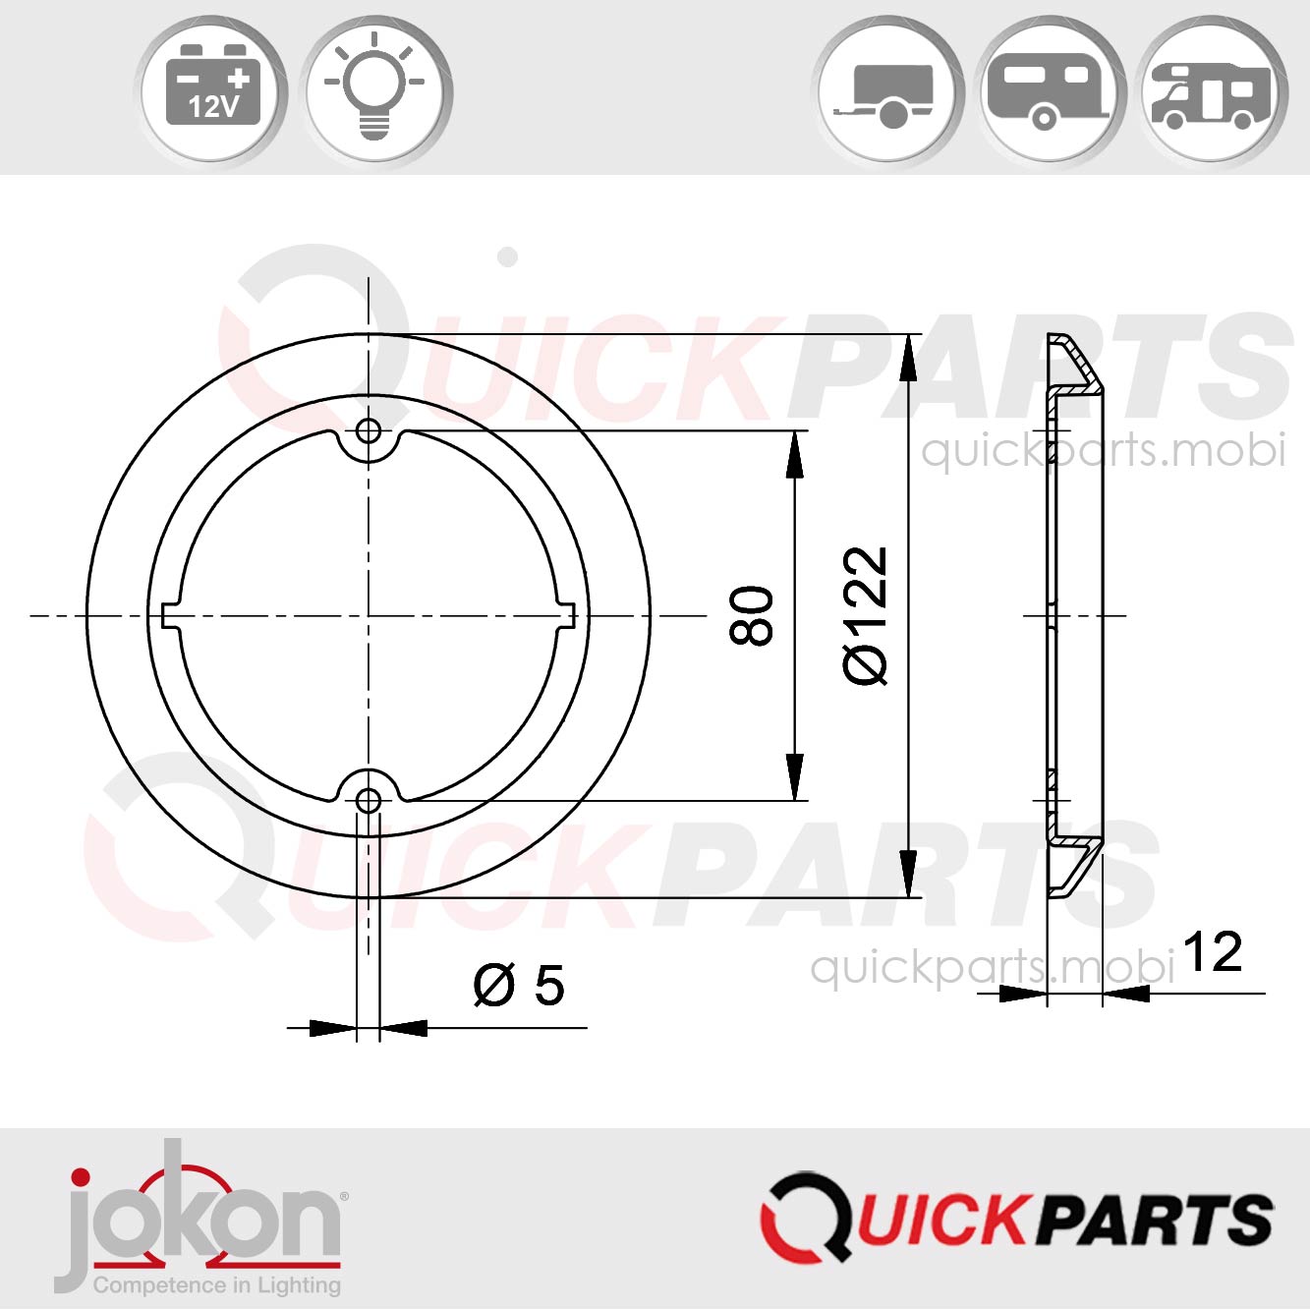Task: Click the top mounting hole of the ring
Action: click(369, 430)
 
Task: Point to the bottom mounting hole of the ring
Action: click(369, 801)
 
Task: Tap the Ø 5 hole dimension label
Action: click(519, 985)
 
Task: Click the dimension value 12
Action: click(1212, 952)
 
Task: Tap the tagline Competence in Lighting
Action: click(217, 1284)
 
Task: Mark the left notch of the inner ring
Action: click(170, 616)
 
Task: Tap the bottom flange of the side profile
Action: click(1074, 866)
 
